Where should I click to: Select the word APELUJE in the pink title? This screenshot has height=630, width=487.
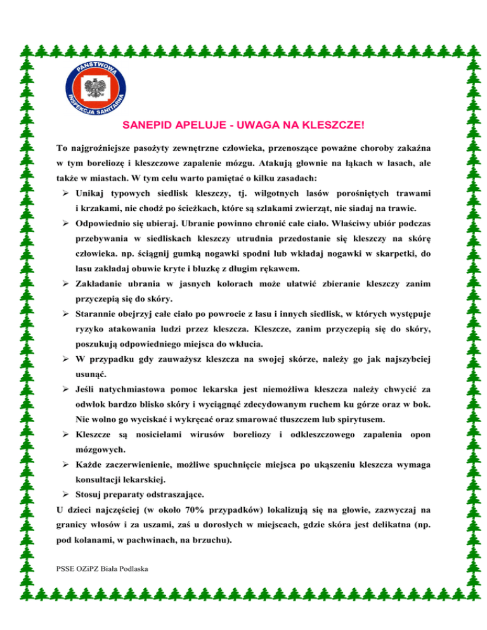tap(200, 126)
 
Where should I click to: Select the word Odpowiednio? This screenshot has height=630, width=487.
tap(105, 224)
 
